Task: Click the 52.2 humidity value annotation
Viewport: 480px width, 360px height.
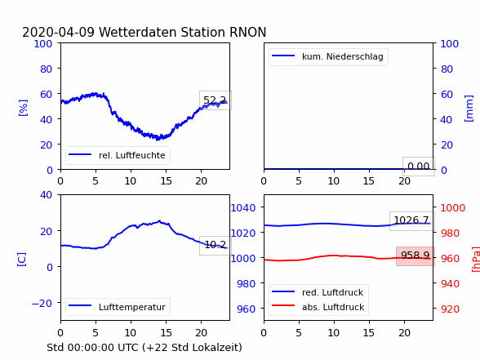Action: tap(215, 100)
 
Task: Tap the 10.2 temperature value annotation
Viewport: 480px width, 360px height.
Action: tap(216, 245)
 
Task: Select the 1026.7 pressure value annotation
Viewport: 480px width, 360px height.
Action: tap(411, 220)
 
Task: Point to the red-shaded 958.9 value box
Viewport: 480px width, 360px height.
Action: tap(415, 256)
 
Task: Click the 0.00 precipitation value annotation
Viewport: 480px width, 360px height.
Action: tap(419, 167)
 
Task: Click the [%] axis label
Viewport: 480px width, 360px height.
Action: tap(23, 108)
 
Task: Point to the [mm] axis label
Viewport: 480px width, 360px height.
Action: tap(469, 109)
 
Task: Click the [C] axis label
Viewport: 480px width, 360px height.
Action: tap(22, 260)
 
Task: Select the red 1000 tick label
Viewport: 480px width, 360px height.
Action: tap(453, 208)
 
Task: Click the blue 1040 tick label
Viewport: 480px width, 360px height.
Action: tap(242, 208)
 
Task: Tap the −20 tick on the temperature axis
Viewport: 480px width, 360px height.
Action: tap(42, 304)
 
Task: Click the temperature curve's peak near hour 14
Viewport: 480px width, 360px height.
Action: tap(159, 220)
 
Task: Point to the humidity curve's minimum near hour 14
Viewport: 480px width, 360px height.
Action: tap(158, 140)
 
